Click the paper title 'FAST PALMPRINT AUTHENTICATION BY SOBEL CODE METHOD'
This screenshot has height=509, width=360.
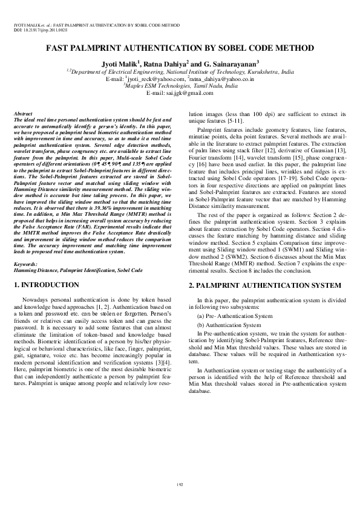pos(180,48)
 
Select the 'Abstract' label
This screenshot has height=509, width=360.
pos(23,114)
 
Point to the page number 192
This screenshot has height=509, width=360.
pos(180,484)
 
